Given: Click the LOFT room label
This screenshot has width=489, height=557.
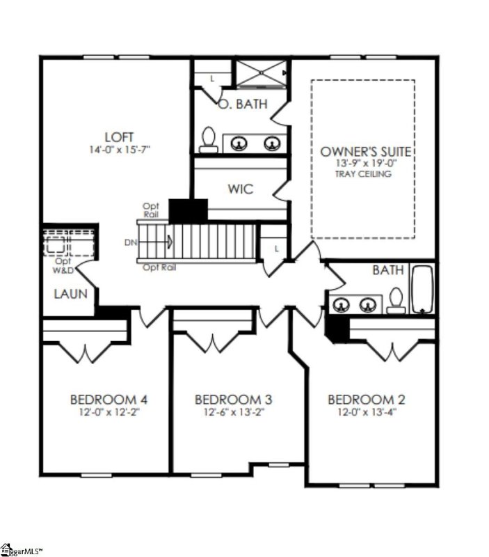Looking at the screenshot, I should pos(119,137).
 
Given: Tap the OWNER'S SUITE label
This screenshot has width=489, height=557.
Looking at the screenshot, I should pos(365,151).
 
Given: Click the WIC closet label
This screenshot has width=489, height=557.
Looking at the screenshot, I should pos(239,189).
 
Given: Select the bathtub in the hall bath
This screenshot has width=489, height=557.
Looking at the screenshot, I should pos(422,289).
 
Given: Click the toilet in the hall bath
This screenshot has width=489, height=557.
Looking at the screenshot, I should pos(396,299).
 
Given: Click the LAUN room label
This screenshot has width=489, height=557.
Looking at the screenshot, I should pos(70,294).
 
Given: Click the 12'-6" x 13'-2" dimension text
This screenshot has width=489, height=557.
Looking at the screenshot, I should pos(233,412).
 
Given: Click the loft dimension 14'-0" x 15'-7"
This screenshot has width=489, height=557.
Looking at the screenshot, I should pos(119,150).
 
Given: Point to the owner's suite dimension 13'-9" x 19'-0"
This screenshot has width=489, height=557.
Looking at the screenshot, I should pos(365,163).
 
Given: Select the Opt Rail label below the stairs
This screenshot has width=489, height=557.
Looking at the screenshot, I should pos(155,267).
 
